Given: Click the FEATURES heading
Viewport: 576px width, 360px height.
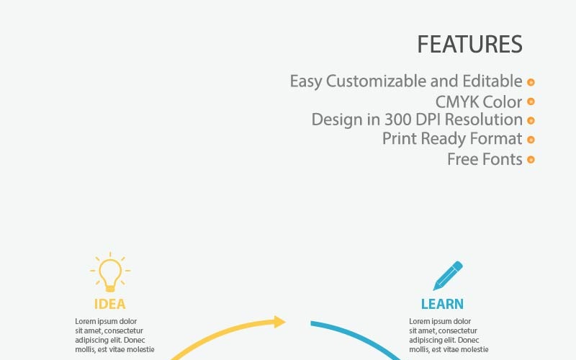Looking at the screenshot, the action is [469, 44].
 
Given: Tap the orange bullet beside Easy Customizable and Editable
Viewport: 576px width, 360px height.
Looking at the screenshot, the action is [531, 82].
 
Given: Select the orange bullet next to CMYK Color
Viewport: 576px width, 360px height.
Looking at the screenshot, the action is [531, 101].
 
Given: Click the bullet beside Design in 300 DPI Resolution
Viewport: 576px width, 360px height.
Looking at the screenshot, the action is [531, 120].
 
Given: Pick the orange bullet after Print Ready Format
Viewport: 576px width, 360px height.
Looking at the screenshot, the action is [531, 140].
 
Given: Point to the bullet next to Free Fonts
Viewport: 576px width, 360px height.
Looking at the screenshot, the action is [531, 159].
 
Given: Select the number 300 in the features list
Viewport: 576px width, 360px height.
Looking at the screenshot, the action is [397, 120].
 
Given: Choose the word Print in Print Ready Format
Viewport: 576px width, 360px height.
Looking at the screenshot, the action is [400, 138].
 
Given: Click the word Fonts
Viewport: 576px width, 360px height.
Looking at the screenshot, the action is [502, 159].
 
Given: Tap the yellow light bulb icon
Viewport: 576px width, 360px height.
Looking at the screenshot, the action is [110, 272].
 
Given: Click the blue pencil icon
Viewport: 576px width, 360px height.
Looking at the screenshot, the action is [448, 276].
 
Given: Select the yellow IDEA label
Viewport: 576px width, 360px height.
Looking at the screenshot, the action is [110, 304].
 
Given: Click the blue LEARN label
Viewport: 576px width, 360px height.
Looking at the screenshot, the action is [442, 304].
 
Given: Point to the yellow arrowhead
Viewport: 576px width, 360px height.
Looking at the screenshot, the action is [279, 322].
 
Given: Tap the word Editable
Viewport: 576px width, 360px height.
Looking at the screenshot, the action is [492, 81].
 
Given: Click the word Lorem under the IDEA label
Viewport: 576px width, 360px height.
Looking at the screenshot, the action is [85, 321].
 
